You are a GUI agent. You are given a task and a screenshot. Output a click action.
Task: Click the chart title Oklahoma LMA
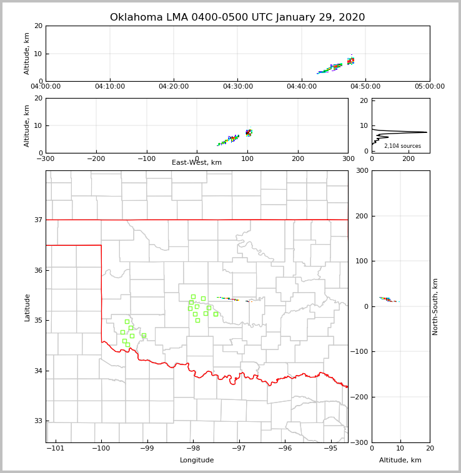tap(237, 17)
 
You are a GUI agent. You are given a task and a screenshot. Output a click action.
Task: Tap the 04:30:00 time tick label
tap(237, 87)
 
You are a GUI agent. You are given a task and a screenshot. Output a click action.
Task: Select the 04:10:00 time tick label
tap(110, 87)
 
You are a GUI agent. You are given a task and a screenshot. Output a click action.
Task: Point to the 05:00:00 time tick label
tap(429, 87)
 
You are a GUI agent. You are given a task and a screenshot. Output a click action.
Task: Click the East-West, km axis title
tap(197, 163)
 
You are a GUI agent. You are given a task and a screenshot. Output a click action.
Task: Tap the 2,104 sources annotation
tap(402, 146)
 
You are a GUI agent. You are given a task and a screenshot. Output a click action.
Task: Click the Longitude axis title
tap(197, 461)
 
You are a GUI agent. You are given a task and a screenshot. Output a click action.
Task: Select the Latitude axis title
tap(27, 307)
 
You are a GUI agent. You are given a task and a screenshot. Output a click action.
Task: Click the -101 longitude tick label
tap(56, 448)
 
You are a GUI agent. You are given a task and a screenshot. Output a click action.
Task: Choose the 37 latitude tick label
tap(37, 220)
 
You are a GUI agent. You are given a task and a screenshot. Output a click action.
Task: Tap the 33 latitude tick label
tap(37, 421)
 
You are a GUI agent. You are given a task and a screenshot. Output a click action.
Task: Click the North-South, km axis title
tap(436, 306)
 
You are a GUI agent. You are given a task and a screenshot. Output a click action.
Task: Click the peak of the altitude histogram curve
tap(427, 132)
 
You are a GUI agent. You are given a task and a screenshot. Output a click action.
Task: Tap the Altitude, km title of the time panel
tap(27, 53)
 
